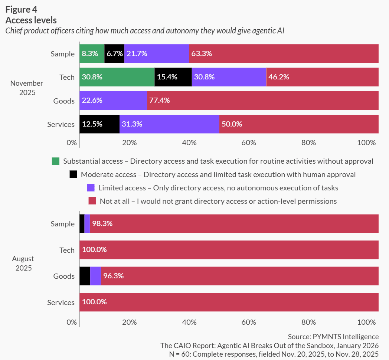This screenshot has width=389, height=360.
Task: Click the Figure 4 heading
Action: [x=21, y=10]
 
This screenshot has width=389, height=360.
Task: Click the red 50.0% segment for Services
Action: [x=299, y=124]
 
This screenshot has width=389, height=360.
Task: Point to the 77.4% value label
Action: [x=159, y=101]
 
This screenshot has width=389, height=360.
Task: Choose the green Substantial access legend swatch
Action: [x=56, y=161]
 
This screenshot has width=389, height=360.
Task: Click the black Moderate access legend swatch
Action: [x=73, y=174]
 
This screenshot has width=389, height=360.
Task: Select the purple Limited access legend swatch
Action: [x=91, y=188]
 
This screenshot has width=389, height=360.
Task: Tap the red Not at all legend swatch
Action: [x=92, y=201]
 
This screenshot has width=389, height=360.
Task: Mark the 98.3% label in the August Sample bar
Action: [x=102, y=224]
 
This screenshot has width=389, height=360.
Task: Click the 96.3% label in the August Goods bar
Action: [x=113, y=276]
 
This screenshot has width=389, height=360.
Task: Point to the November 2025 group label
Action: [x=27, y=88]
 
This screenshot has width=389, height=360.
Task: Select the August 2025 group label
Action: [x=23, y=263]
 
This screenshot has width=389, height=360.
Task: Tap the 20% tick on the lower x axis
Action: [x=130, y=322]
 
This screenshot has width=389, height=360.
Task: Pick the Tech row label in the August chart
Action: [x=67, y=250]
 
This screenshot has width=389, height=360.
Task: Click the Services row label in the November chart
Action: [x=61, y=124]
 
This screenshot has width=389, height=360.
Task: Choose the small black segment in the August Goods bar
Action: [x=85, y=276]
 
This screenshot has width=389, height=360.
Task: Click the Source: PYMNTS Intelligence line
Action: [x=333, y=337]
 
